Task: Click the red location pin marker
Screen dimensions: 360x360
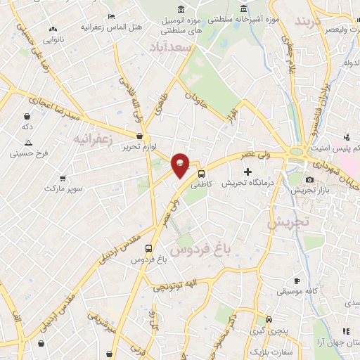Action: [x=181, y=164]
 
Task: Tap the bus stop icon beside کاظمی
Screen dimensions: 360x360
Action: [x=202, y=172]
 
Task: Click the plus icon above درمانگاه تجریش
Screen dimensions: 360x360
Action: [x=247, y=172]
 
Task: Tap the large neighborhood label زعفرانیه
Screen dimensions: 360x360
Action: [x=93, y=139]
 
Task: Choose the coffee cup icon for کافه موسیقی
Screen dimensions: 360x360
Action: [x=297, y=280]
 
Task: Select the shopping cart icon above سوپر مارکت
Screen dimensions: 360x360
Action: [x=63, y=179]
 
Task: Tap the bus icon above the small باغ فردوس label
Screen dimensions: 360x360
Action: [x=148, y=248]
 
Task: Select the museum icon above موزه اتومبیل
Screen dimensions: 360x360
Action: [x=182, y=8]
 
